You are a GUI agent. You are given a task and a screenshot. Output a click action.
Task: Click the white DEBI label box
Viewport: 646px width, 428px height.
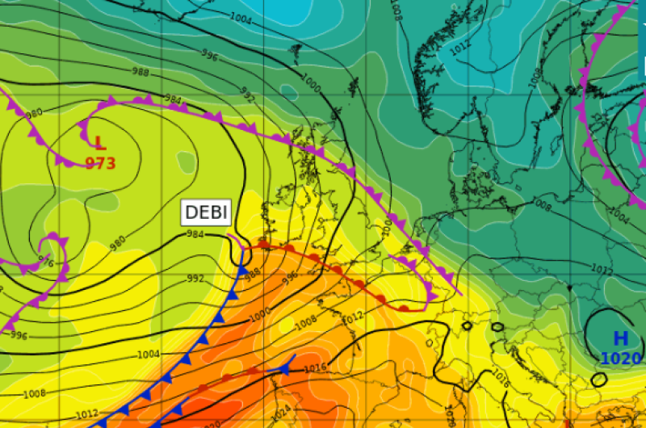pos(207,213)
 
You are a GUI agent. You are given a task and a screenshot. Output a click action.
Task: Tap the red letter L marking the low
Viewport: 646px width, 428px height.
pos(99,145)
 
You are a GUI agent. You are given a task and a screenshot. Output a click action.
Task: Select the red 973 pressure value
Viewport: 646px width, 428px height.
pos(100,163)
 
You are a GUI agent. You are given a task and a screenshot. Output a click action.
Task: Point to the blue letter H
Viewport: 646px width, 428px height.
pos(620,339)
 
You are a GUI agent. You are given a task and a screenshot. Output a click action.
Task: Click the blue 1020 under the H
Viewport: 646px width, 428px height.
pos(621,359)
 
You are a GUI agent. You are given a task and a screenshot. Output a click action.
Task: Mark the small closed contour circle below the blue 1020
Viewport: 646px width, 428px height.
pos(598,379)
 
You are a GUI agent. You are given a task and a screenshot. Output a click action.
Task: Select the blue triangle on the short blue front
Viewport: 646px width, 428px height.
pos(284,368)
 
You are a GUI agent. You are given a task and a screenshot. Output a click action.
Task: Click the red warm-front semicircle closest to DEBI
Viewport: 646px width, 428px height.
pos(263,244)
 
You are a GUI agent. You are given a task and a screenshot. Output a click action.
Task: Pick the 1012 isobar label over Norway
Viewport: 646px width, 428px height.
pos(459,47)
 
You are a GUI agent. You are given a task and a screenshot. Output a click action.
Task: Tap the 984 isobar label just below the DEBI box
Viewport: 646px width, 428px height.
pos(195,235)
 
